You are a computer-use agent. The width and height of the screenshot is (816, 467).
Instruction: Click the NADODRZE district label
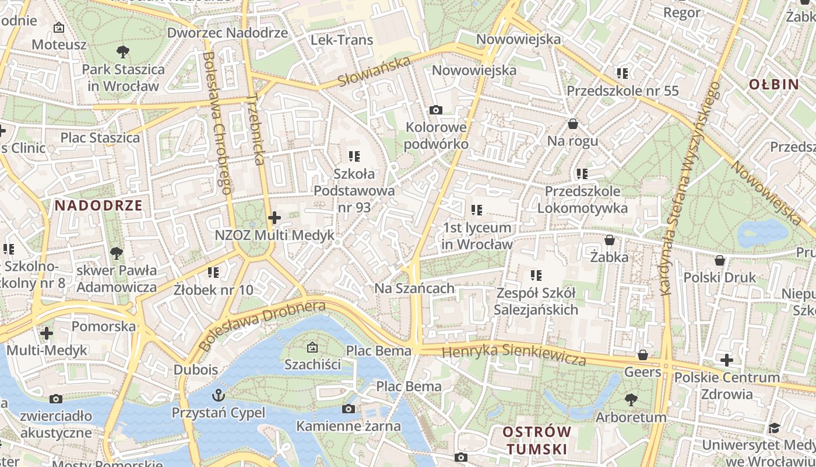(99, 205)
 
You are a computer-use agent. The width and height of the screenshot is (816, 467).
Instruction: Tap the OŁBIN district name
(774, 84)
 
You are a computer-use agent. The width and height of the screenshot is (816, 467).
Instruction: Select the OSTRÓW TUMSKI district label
(537, 440)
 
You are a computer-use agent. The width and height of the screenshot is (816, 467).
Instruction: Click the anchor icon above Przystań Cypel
(219, 395)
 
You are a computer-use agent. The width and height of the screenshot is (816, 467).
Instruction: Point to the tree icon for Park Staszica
(122, 52)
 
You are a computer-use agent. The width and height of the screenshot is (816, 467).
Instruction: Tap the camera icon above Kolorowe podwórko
(435, 110)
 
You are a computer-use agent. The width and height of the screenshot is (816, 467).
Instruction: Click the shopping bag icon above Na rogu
(573, 124)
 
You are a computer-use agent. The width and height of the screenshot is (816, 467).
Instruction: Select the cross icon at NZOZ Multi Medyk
(275, 218)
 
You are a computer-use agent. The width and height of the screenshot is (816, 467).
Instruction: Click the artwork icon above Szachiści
(312, 347)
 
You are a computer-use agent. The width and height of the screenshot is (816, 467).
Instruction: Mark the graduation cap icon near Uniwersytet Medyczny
(774, 428)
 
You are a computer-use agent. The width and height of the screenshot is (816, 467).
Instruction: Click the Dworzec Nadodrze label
(227, 33)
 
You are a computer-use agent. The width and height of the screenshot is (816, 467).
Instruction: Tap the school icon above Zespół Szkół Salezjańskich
(536, 275)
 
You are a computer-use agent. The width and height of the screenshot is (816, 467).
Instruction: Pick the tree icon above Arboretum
(631, 400)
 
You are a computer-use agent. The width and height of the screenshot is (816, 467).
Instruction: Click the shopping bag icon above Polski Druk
(720, 260)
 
